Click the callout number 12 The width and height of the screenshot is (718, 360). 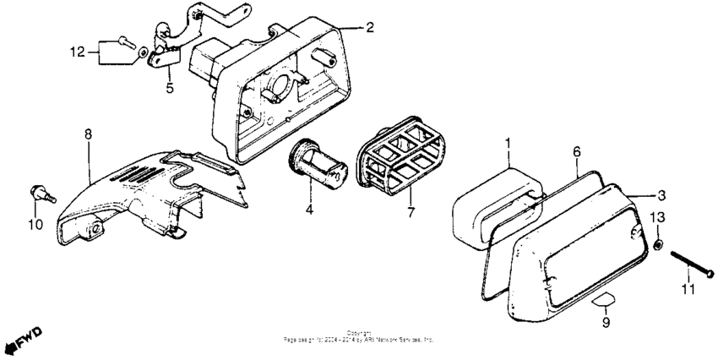click(x=77, y=52)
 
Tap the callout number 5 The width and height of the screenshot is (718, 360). click(x=169, y=86)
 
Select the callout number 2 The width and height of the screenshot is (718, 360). click(x=369, y=27)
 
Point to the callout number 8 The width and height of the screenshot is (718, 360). click(x=87, y=134)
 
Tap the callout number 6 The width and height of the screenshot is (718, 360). click(x=577, y=150)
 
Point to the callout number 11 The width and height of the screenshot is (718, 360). click(x=688, y=290)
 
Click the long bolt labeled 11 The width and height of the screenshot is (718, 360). click(x=692, y=264)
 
